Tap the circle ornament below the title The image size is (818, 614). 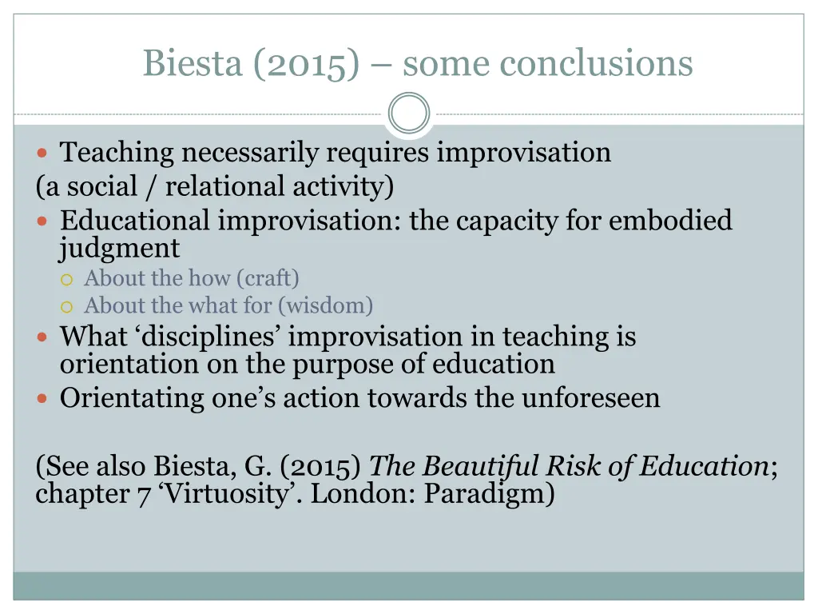409,114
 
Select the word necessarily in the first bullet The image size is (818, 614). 251,152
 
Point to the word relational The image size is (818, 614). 224,186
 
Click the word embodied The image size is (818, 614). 670,220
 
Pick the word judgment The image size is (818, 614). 120,249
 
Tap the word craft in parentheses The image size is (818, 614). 272,278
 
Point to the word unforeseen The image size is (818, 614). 591,397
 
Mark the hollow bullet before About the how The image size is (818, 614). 68,279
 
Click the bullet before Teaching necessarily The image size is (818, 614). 44,152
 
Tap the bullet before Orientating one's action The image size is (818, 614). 44,397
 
